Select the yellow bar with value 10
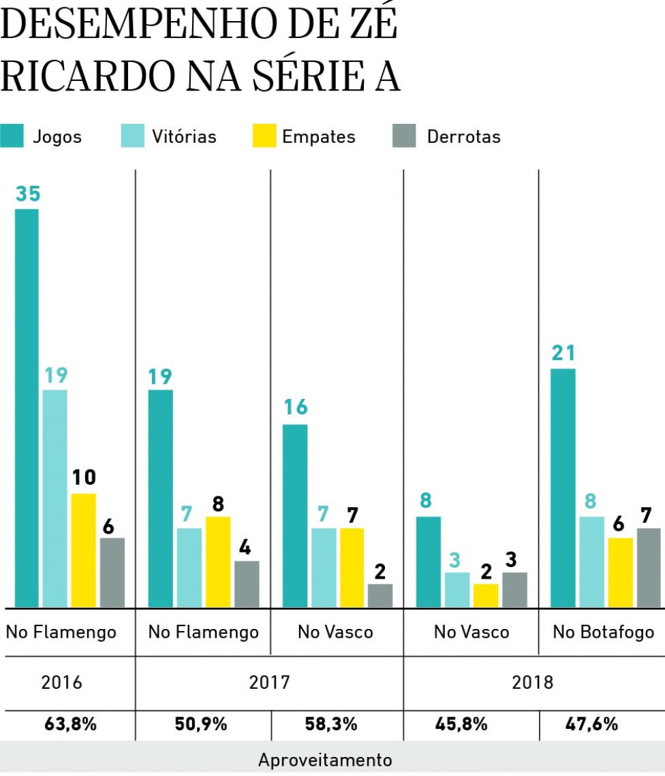pos(84,549)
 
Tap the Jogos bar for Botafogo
pos(563,487)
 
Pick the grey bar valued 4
pos(247,583)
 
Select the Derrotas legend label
pos(463,137)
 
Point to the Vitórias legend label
pos(184,137)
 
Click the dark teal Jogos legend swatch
pos(12,136)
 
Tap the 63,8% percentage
pos(69,724)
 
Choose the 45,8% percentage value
pos(461,724)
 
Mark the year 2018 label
pos(533,682)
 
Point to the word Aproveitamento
pos(325,760)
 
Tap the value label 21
pos(563,353)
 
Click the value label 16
pos(295,408)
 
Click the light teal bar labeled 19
pos(55,498)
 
